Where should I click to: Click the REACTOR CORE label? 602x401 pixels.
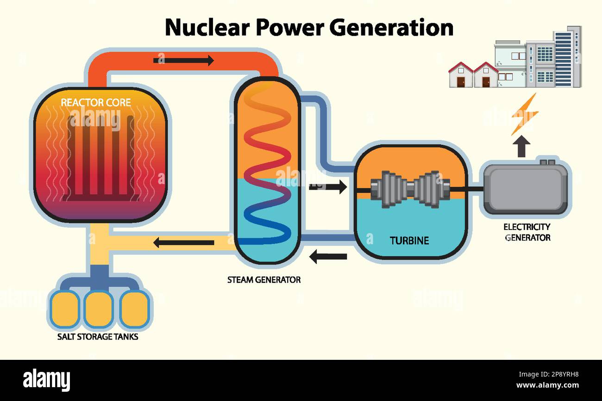[96, 102]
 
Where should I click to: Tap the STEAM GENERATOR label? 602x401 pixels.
[263, 280]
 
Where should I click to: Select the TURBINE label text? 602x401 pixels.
[409, 241]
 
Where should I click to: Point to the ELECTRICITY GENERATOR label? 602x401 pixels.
[527, 232]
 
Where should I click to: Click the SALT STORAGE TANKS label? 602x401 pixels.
[98, 336]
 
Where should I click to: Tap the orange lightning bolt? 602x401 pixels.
[524, 114]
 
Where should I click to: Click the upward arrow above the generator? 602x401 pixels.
[521, 146]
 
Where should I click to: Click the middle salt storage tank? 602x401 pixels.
[98, 309]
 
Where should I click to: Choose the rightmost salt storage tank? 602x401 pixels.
[134, 309]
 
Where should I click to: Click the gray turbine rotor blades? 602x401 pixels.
[410, 189]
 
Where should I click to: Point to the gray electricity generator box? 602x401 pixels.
[525, 189]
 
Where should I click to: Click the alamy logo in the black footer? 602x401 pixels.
[46, 379]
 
